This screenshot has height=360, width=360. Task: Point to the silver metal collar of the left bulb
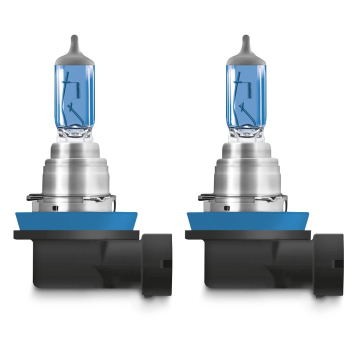pos(74,170)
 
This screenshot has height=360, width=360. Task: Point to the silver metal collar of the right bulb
pos(246,170)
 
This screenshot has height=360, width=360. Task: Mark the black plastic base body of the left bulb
pos(85,262)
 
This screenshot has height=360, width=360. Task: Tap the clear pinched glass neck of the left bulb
pos(74,133)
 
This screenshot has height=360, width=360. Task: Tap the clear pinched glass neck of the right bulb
pos(245,133)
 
